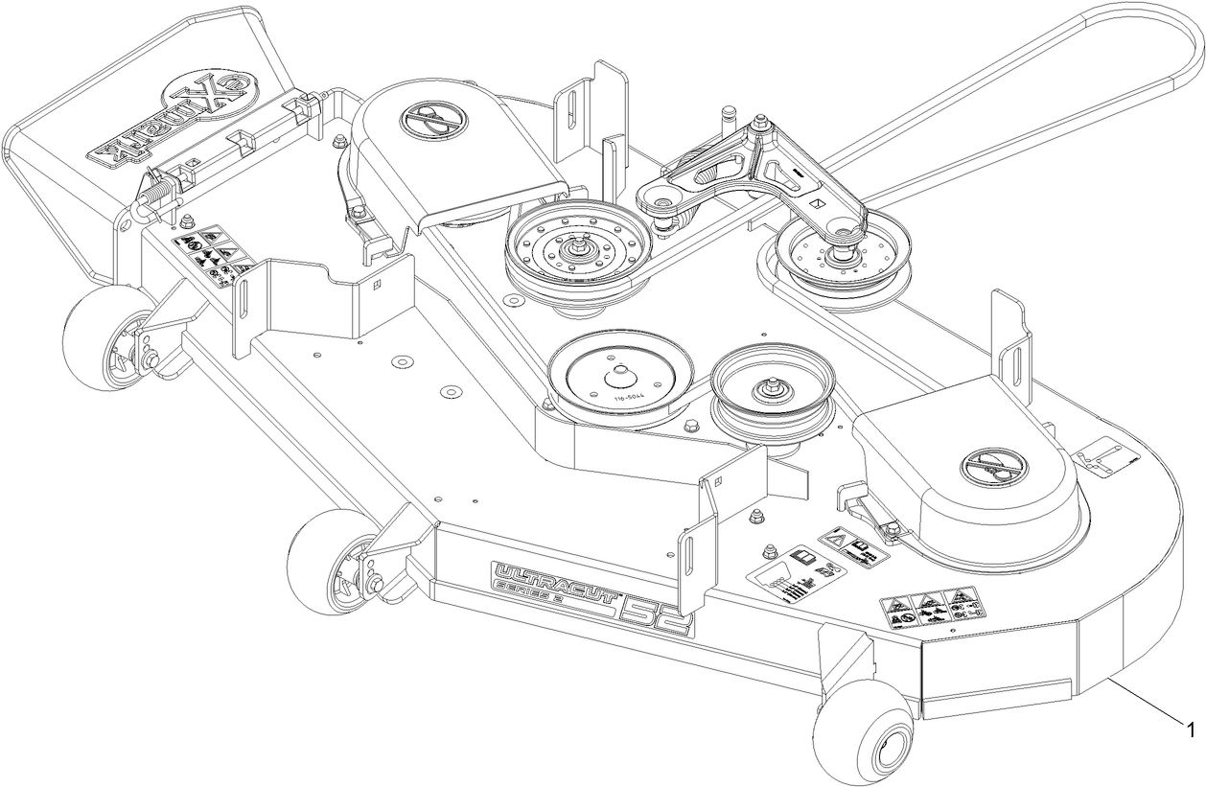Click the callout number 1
click(x=1191, y=730)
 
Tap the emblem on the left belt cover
click(x=428, y=119)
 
